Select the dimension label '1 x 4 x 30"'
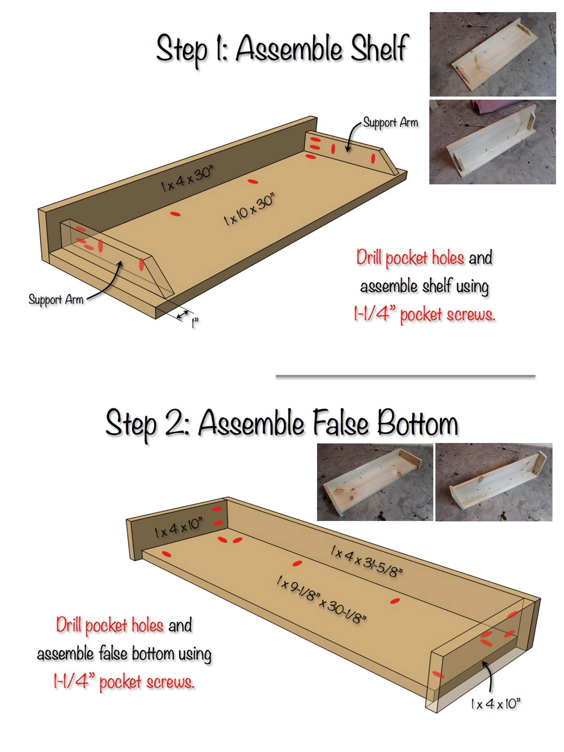[187, 179]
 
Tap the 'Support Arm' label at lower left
[56, 300]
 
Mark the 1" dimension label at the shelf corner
[195, 323]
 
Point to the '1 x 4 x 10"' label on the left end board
[178, 527]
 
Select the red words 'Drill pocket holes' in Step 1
[410, 258]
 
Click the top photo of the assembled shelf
[493, 54]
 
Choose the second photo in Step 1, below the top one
[493, 142]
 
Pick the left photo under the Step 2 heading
[375, 482]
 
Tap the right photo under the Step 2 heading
[493, 482]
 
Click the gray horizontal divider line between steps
[406, 376]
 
